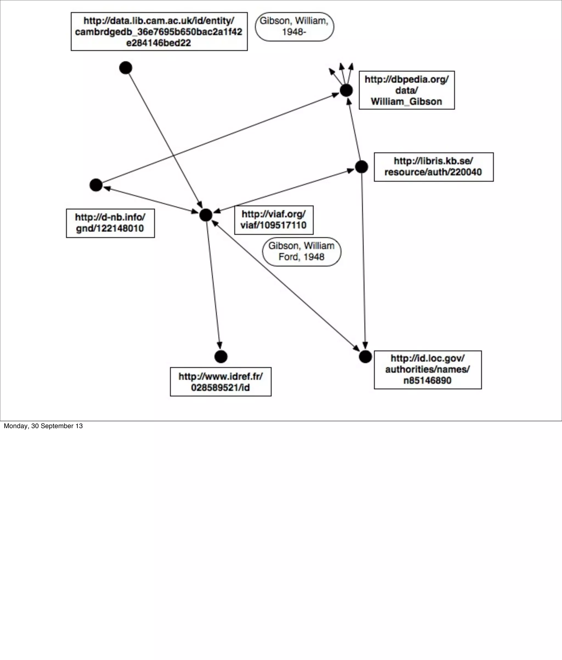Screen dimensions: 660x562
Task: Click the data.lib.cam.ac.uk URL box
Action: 159,32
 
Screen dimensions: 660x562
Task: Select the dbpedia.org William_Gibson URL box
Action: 406,90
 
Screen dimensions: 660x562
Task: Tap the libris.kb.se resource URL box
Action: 433,167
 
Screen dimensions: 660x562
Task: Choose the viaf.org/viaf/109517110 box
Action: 274,220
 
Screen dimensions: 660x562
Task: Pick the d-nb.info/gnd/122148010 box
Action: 110,223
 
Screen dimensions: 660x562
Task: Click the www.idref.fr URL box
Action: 220,382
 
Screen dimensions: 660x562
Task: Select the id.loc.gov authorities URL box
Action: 428,369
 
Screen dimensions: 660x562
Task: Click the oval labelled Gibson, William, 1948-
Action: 294,27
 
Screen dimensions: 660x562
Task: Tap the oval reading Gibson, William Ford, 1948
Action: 301,252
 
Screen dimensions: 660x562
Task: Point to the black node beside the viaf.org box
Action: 206,215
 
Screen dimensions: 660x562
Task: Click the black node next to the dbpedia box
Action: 346,90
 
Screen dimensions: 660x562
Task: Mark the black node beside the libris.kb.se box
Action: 361,167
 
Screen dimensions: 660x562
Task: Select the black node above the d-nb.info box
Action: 96,185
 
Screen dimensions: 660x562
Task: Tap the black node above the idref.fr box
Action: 221,356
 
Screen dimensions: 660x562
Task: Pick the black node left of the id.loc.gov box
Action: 365,356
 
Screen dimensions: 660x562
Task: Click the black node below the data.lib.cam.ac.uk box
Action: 125,68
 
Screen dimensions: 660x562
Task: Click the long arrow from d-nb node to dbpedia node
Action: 220,138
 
